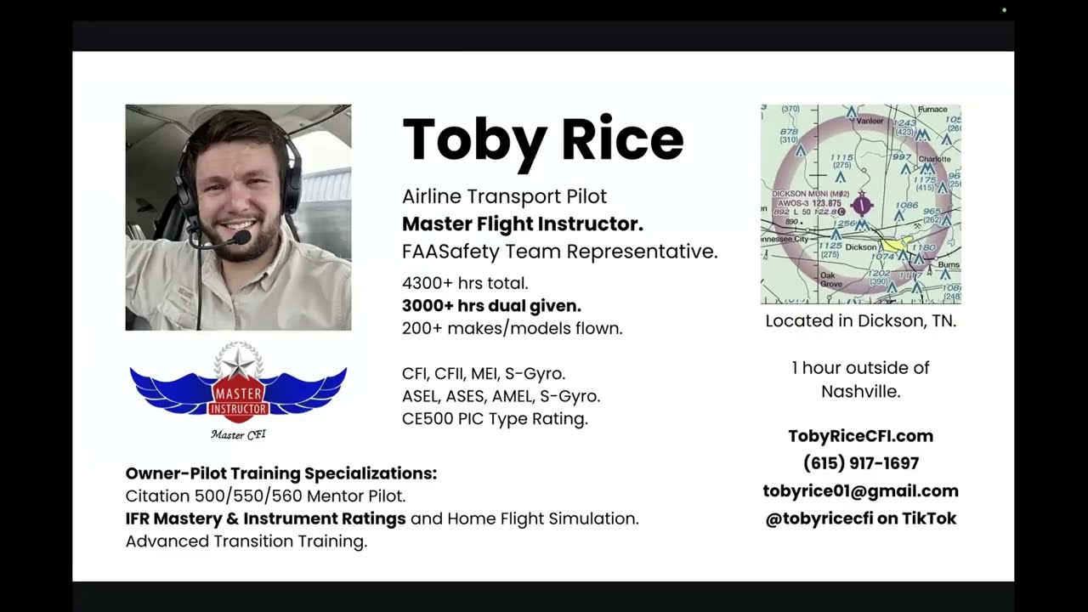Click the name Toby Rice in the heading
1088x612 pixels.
[x=542, y=139]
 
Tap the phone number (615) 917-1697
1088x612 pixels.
[x=860, y=463]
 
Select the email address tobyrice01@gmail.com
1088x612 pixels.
[x=860, y=491]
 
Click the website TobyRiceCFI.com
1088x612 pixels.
[x=860, y=436]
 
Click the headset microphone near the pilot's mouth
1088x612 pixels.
[x=241, y=237]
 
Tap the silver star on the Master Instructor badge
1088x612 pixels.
[x=238, y=363]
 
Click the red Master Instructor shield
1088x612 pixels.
[x=238, y=399]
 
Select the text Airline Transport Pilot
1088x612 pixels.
[x=504, y=196]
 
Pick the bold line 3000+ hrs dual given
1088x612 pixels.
[x=491, y=306]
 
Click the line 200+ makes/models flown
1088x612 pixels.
[x=512, y=328]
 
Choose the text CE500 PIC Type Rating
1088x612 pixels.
[x=495, y=419]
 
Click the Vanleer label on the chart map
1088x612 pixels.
[x=870, y=122]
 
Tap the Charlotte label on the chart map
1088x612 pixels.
[x=934, y=159]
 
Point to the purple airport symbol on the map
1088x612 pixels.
[x=861, y=204]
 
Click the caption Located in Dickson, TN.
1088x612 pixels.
[x=860, y=321]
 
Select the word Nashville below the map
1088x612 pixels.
[x=860, y=392]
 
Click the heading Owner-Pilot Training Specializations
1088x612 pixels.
[x=280, y=473]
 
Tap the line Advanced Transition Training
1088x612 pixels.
[x=246, y=541]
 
